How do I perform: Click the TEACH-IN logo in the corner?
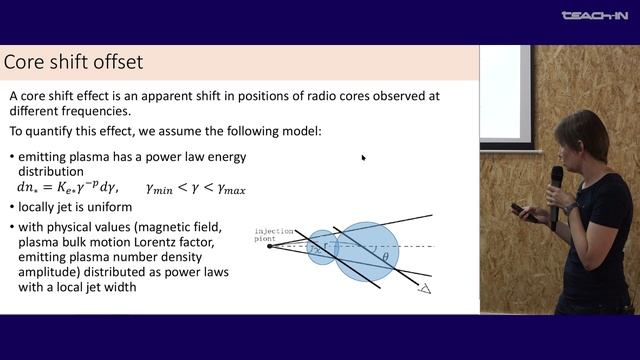[593, 15]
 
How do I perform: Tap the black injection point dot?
[269, 245]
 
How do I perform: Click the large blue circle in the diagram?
[367, 251]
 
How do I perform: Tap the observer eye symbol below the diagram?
[424, 289]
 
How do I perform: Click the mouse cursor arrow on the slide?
[363, 157]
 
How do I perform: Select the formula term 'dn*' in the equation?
[29, 187]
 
